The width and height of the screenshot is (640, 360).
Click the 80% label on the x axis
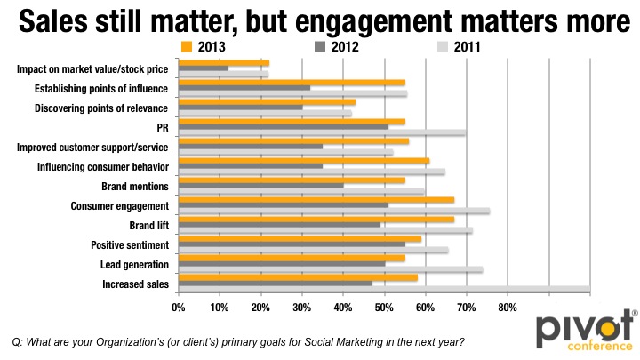tap(507, 307)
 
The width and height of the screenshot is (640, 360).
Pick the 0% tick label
tap(179, 307)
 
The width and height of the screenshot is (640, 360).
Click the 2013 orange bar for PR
tap(292, 121)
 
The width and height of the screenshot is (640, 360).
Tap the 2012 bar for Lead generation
tap(282, 264)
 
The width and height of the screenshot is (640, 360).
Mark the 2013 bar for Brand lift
tap(316, 220)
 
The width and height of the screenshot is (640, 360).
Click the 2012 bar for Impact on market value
tap(204, 68)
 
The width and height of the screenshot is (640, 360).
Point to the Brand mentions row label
tap(136, 187)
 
